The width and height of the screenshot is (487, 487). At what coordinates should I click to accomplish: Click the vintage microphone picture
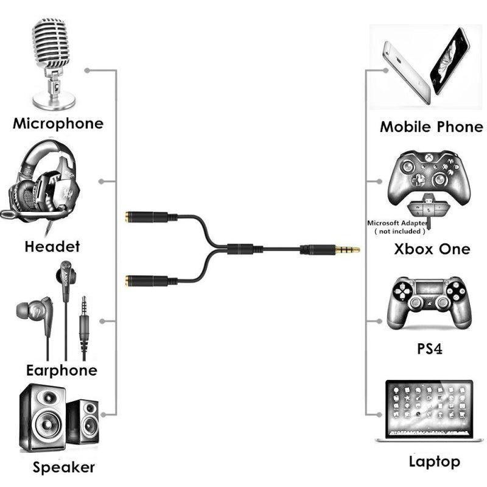[54, 61]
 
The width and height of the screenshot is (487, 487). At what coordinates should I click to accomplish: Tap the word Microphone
[58, 124]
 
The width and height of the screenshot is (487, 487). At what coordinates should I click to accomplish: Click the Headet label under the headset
[52, 247]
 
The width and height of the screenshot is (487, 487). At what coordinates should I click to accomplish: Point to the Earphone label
[61, 370]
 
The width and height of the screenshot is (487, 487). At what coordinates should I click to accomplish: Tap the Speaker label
[64, 468]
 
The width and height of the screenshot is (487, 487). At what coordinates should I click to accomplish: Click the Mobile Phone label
[431, 127]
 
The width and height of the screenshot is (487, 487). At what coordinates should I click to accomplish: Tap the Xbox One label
[432, 249]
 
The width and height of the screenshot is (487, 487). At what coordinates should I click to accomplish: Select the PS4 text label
[430, 350]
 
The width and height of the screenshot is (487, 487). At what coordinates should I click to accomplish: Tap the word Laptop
[435, 461]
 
